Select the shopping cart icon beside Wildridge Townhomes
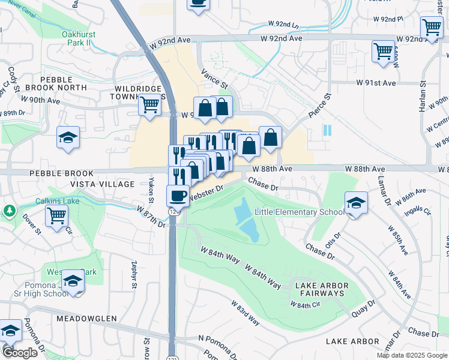coord(149,105)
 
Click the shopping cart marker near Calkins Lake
coord(56,215)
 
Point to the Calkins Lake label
coord(57,201)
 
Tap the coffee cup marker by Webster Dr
coord(178,196)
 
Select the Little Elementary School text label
coord(299,212)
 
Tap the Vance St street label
coord(214,78)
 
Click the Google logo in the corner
coord(19,353)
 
